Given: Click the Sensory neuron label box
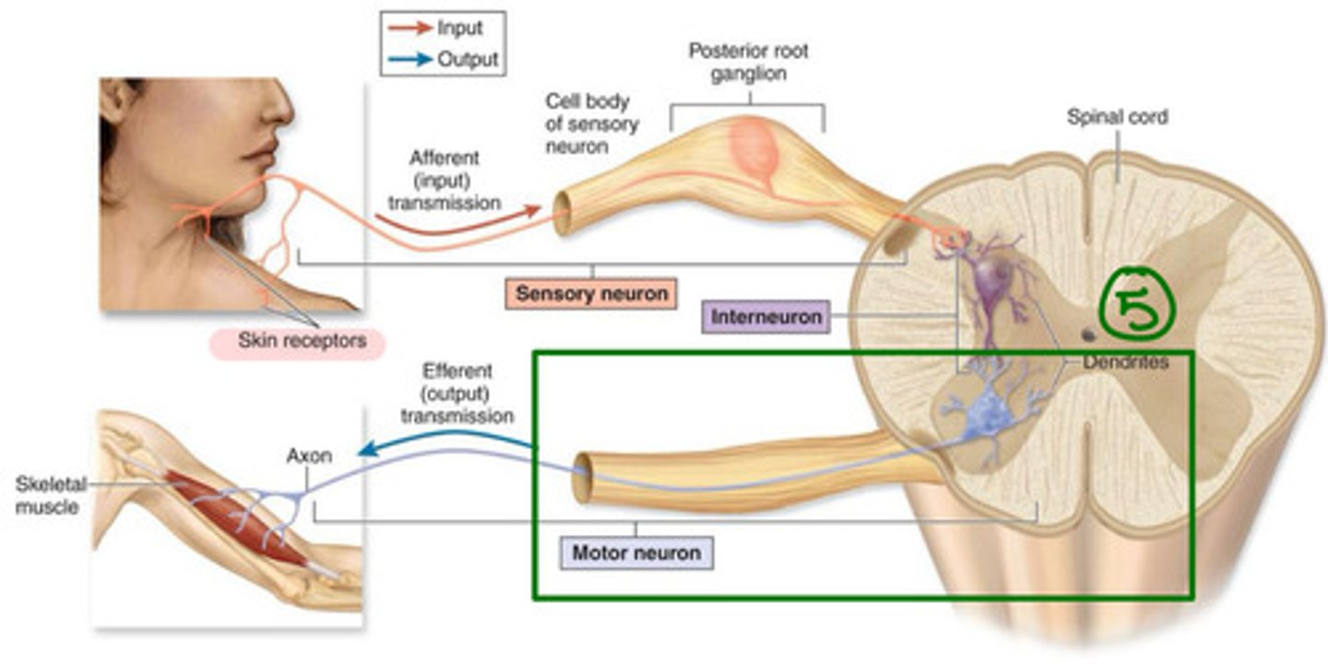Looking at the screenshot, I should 590,293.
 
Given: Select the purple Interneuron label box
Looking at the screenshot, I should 765,316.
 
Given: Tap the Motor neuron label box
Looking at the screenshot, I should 636,553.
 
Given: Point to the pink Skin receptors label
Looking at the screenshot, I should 302,340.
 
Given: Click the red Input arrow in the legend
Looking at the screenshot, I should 411,29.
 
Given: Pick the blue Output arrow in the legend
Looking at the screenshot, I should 411,59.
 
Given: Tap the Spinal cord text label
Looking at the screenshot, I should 1117,117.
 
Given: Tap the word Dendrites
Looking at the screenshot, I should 1126,362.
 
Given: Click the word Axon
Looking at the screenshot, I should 308,455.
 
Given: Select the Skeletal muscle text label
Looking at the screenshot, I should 47,495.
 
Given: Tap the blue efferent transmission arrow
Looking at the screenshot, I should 443,441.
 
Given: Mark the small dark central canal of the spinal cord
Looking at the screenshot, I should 1088,335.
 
